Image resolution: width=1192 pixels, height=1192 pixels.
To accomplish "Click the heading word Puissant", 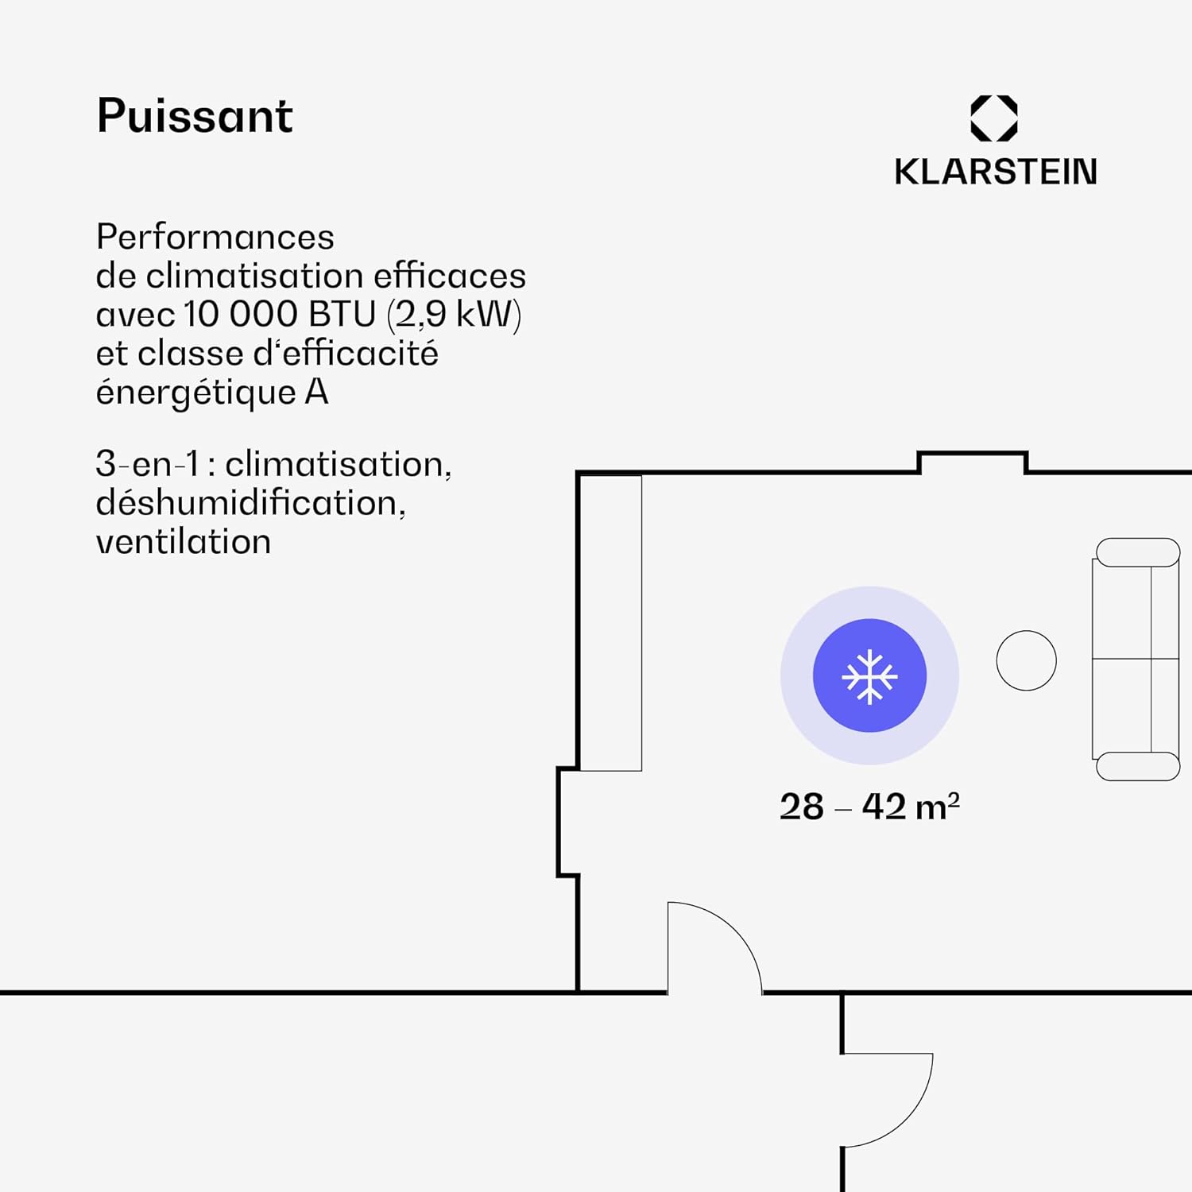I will point(195,116).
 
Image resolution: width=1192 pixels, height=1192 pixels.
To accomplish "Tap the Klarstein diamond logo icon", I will point(993,118).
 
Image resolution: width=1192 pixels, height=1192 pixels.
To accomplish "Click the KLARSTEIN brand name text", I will point(995,172).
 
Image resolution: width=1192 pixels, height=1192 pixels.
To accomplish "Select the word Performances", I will point(215,237).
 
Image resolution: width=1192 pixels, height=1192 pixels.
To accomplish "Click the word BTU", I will point(342,314).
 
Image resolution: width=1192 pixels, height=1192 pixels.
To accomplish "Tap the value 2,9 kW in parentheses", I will point(455,315).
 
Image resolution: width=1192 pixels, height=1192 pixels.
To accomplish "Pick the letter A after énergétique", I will point(316,392).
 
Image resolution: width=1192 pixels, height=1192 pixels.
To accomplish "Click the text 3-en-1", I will point(147,464).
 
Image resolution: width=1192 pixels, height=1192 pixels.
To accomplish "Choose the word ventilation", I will point(183,542).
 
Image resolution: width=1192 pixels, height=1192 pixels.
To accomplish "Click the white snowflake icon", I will point(869,676).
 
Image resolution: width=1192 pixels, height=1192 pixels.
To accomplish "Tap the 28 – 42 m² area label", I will point(869,807).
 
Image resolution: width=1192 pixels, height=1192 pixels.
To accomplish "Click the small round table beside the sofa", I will point(1026,660).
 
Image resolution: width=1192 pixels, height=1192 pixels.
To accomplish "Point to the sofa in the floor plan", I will point(1136,659).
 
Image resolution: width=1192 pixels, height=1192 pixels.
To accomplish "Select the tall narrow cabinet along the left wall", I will point(610,623).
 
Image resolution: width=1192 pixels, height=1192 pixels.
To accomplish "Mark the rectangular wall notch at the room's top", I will point(973,461).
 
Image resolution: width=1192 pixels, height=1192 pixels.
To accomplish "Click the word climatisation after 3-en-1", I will point(338,464).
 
